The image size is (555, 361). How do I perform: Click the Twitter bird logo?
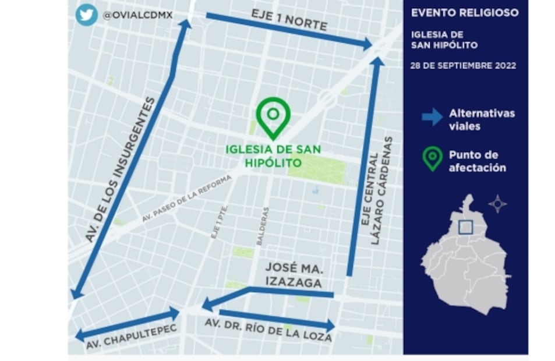(86, 15)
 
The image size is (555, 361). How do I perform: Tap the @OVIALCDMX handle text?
(137, 15)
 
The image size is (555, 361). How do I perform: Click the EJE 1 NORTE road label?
(289, 20)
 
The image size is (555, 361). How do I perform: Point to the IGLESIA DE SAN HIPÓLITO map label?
(273, 155)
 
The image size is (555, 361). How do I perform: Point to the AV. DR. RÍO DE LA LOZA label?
(267, 330)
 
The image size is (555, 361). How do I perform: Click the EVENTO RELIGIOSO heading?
(464, 13)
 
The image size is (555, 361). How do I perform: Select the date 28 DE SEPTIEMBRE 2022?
(463, 65)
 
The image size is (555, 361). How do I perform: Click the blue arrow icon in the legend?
(432, 117)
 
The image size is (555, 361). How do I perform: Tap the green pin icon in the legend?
(432, 158)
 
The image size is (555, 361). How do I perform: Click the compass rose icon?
(497, 204)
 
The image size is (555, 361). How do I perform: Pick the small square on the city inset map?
(465, 226)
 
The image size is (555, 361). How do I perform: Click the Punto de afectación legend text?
(478, 161)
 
